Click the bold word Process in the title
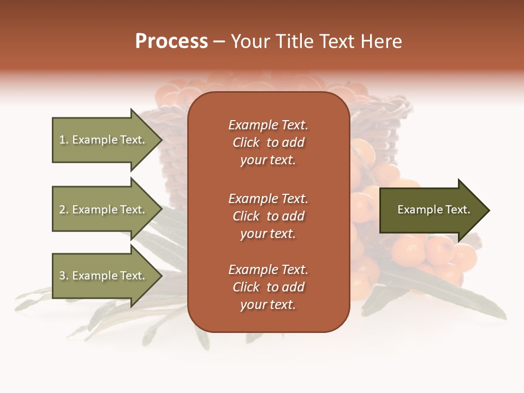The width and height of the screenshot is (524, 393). click(171, 41)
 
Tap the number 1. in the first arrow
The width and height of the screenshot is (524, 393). click(64, 140)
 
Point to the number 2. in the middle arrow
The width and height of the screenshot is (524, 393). click(64, 210)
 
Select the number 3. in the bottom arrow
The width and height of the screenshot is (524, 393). click(64, 276)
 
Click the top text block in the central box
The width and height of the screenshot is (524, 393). click(268, 142)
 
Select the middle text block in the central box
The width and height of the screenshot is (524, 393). click(268, 216)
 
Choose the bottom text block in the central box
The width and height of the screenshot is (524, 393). click(268, 287)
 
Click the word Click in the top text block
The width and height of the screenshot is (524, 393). click(246, 142)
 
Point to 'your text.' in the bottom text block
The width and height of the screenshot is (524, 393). click(268, 305)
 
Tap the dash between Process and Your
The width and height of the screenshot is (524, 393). click(219, 41)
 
